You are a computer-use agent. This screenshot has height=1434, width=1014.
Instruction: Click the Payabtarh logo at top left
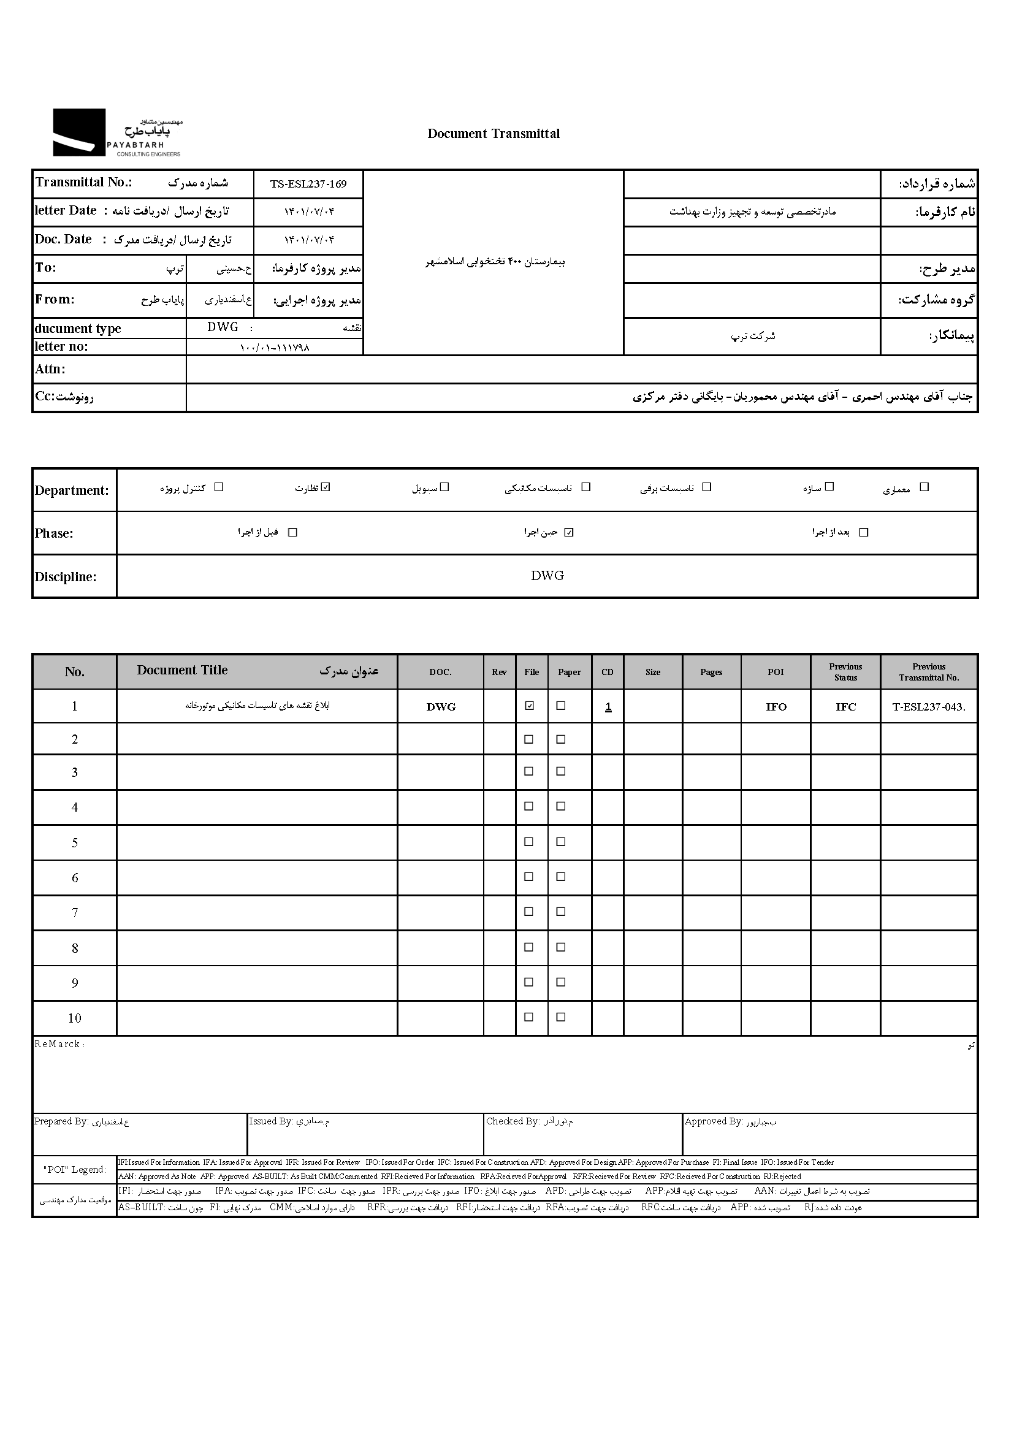pyautogui.click(x=116, y=132)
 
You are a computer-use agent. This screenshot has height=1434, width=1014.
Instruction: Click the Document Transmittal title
pyautogui.click(x=494, y=134)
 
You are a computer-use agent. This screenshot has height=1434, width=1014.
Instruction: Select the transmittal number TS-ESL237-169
pyautogui.click(x=308, y=185)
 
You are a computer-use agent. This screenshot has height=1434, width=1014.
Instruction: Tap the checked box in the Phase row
pyautogui.click(x=568, y=533)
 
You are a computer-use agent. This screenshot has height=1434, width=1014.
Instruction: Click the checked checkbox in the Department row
pyautogui.click(x=326, y=487)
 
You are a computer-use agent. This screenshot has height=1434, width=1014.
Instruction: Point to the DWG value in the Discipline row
pyautogui.click(x=547, y=576)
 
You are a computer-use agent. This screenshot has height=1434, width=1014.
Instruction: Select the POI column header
pyautogui.click(x=776, y=672)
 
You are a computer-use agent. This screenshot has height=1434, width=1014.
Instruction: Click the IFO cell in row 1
pyautogui.click(x=776, y=707)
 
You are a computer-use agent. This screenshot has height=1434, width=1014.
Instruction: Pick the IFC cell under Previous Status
pyautogui.click(x=845, y=707)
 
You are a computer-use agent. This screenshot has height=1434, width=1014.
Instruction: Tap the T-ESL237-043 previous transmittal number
pyautogui.click(x=928, y=707)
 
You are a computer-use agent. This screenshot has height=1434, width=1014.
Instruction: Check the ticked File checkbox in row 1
pyautogui.click(x=530, y=706)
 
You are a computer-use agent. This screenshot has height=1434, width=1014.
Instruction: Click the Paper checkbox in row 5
pyautogui.click(x=561, y=842)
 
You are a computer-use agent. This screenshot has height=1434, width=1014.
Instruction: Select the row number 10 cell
pyautogui.click(x=74, y=1019)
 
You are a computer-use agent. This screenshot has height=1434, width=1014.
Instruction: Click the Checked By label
pyautogui.click(x=512, y=1121)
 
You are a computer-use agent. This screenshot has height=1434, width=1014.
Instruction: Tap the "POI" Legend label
pyautogui.click(x=75, y=1170)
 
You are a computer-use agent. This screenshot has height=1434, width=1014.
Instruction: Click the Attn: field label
pyautogui.click(x=50, y=369)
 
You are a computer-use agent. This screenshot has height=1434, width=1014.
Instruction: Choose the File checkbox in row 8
pyautogui.click(x=529, y=947)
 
